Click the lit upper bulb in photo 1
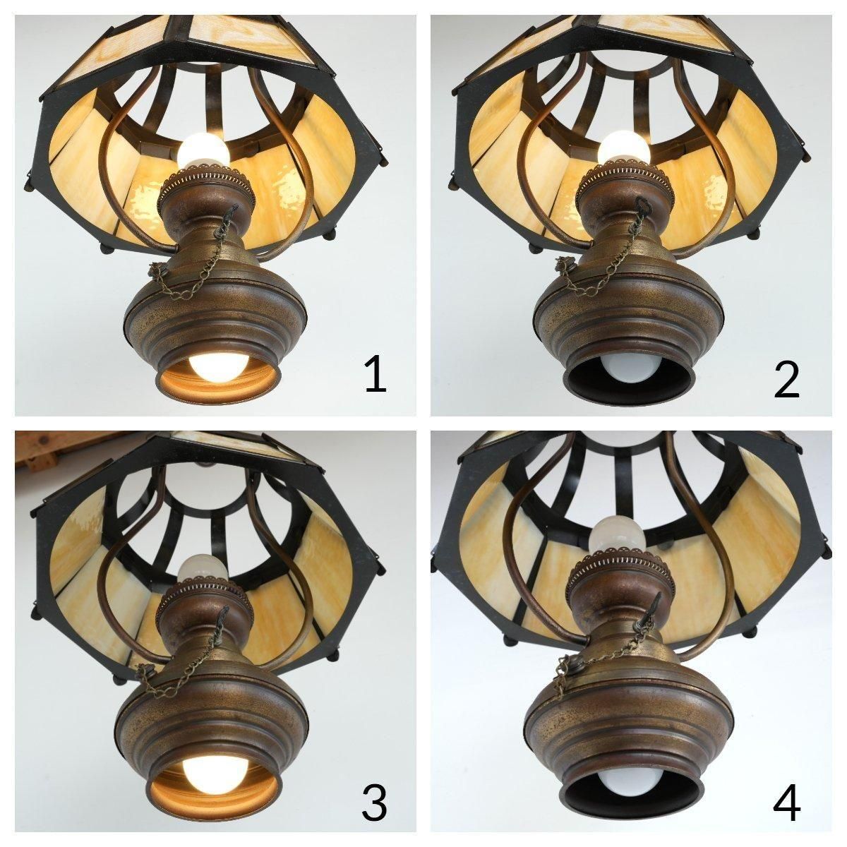coord(203,149)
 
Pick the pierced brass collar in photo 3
coord(203,589)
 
